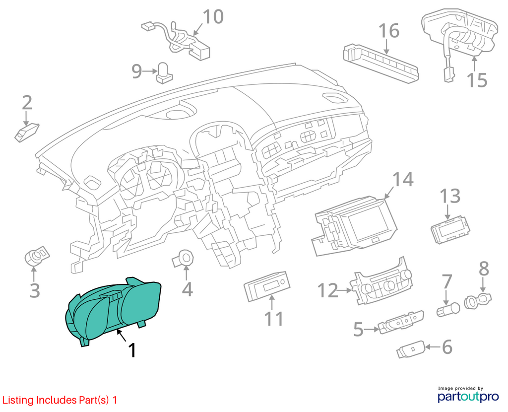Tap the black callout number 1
(132, 350)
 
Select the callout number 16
(389, 31)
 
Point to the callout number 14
(403, 179)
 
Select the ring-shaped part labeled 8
(478, 300)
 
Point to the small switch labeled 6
(410, 349)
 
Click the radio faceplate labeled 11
(267, 286)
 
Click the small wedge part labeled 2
(27, 132)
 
